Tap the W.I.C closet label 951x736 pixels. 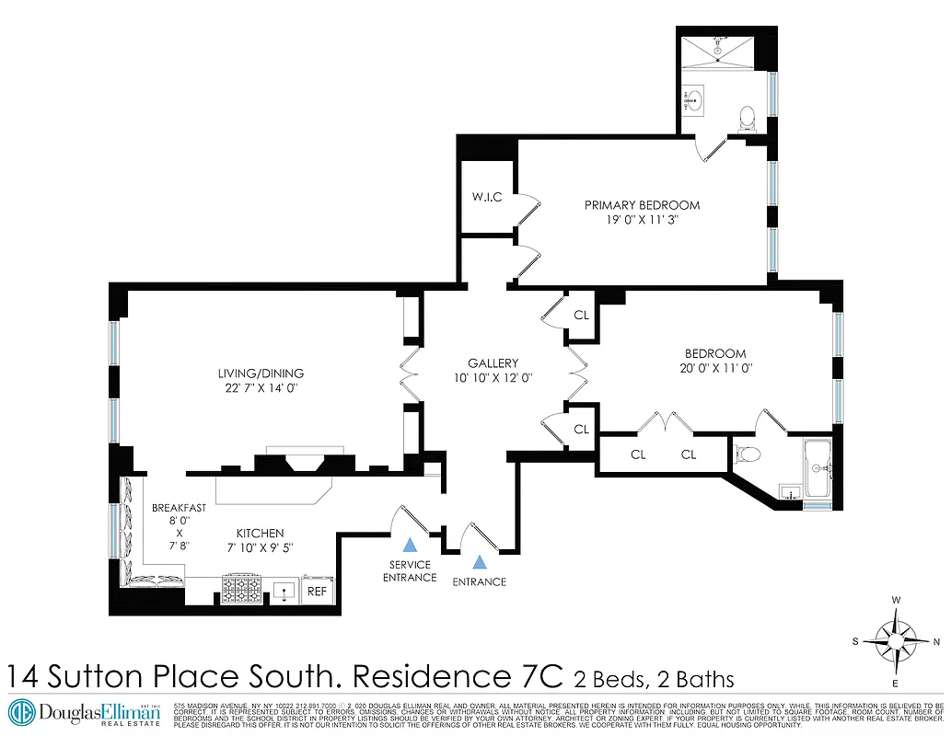(x=486, y=196)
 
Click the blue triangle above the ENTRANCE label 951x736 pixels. (x=479, y=560)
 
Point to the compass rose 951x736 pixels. (x=896, y=641)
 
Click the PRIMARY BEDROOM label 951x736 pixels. (x=642, y=204)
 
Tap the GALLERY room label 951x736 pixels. (x=493, y=363)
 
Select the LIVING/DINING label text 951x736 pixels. (x=261, y=374)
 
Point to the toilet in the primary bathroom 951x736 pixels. (x=748, y=117)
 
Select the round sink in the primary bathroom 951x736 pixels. (x=695, y=99)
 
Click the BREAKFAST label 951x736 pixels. (x=179, y=508)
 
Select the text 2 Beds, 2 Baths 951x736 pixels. (x=654, y=680)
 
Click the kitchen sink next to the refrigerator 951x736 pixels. (x=286, y=591)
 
